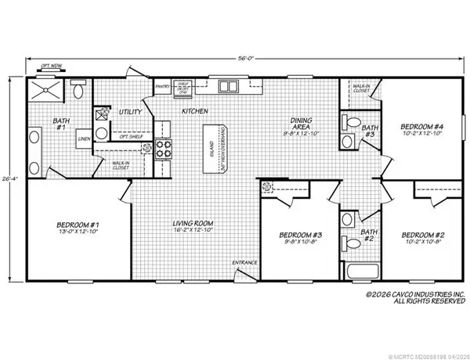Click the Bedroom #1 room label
tap(71, 228)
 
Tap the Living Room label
tap(193, 228)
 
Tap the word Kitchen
tap(194, 112)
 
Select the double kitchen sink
tap(230, 86)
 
